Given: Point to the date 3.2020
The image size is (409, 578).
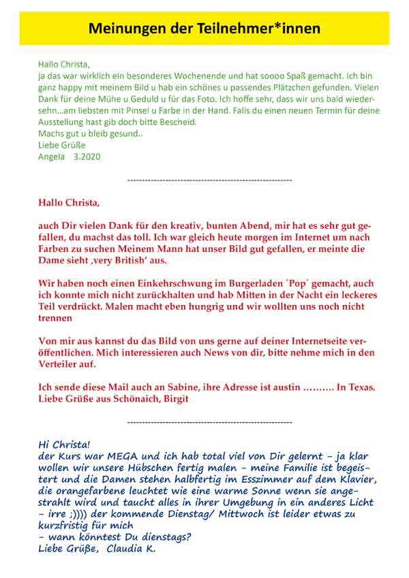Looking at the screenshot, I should pos(87,156).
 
